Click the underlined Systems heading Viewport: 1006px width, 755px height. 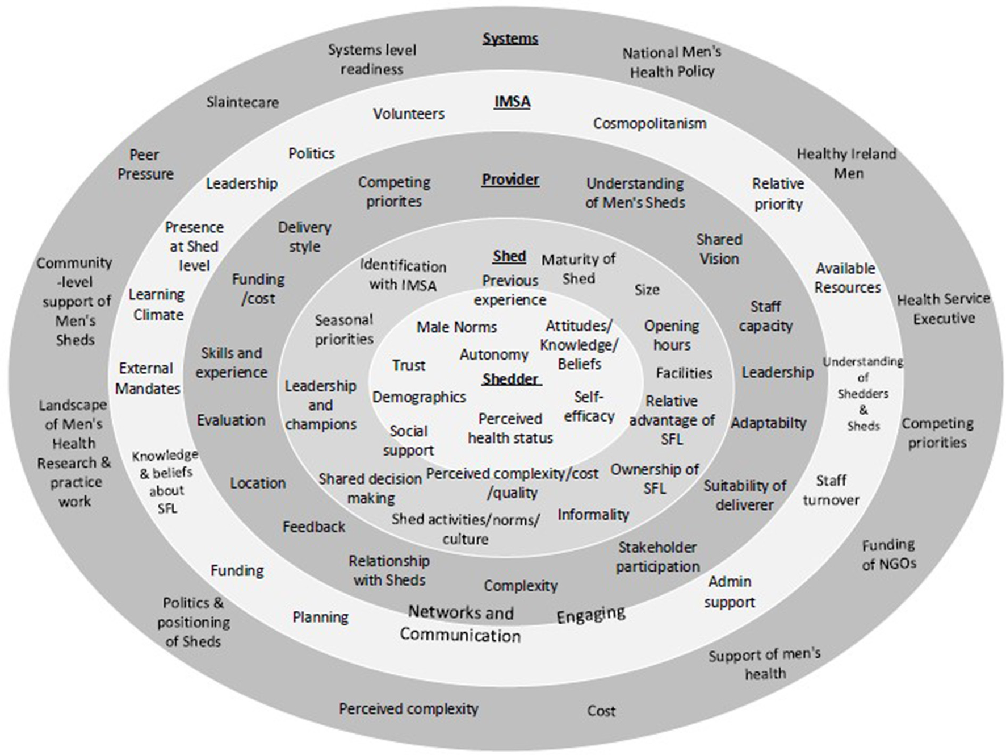[x=510, y=39]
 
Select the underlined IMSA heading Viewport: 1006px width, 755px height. [x=512, y=102]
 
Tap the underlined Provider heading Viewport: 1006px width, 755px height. [x=510, y=180]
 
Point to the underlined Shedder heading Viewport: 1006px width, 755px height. [x=510, y=379]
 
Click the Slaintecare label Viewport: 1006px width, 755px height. [x=242, y=102]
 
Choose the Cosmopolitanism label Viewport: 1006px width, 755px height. [x=649, y=123]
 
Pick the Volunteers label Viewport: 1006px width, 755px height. [x=408, y=114]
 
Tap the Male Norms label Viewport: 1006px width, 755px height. [x=456, y=327]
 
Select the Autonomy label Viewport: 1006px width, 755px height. [x=494, y=354]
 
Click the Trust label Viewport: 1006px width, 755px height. [x=408, y=365]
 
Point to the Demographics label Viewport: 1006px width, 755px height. [x=419, y=397]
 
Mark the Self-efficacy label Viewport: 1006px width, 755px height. [x=589, y=406]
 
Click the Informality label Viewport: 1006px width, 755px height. [x=593, y=515]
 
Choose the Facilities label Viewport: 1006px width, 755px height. [x=684, y=373]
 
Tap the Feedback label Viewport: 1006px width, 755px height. [x=313, y=527]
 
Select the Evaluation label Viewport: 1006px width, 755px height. [x=231, y=420]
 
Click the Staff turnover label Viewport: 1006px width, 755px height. [x=831, y=490]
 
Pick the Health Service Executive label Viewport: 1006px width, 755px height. [x=943, y=308]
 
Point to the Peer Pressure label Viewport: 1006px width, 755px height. [x=145, y=164]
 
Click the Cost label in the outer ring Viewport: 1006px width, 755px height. [x=601, y=711]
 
